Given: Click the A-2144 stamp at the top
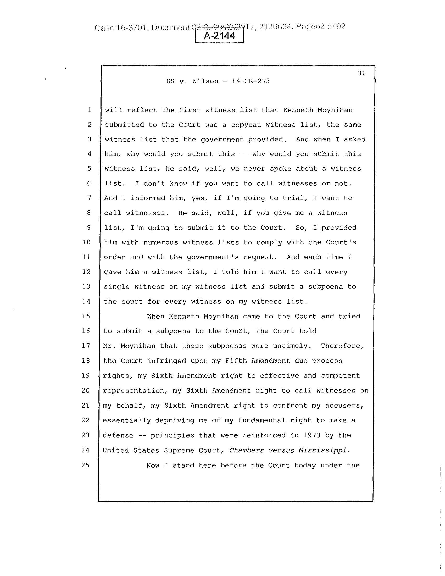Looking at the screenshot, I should pos(219,36).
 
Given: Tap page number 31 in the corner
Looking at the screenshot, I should pos(361,73).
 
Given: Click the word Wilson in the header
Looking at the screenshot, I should pos(205,81).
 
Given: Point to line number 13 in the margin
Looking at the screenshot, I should pos(86,286).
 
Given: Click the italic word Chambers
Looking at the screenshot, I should pos(247,450).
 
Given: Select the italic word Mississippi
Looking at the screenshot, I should pos(322,450).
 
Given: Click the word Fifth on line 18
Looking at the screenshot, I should pos(236,361).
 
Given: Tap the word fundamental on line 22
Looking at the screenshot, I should pos(262,420).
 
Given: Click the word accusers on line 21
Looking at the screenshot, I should pos(344,405).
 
